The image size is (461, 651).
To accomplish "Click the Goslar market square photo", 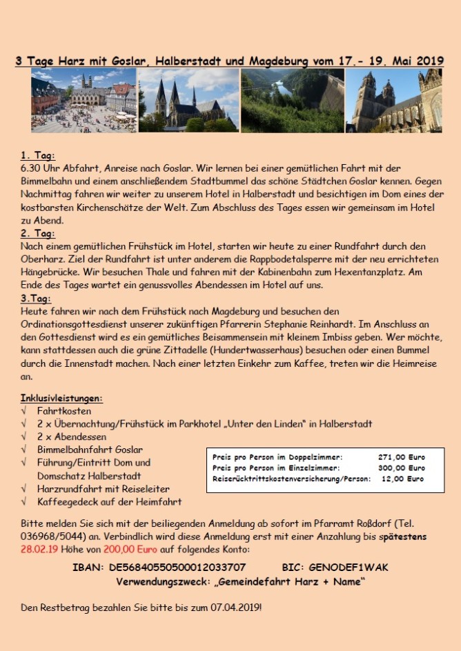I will [x=84, y=100].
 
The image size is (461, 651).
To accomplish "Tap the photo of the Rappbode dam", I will [x=292, y=100].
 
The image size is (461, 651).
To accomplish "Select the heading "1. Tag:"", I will [x=38, y=156].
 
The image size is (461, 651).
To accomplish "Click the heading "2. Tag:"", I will [x=38, y=234].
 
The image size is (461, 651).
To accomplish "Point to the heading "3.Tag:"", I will [x=37, y=299].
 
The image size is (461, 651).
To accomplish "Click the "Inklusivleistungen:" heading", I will [x=61, y=398].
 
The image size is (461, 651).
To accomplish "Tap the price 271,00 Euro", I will [x=402, y=457].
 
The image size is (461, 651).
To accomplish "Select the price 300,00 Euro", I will [x=402, y=468].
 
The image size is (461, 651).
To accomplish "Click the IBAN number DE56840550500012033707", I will [x=177, y=568].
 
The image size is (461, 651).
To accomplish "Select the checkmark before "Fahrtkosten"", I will [x=24, y=411].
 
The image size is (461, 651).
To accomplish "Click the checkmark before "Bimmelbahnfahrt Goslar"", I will [x=24, y=450].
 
